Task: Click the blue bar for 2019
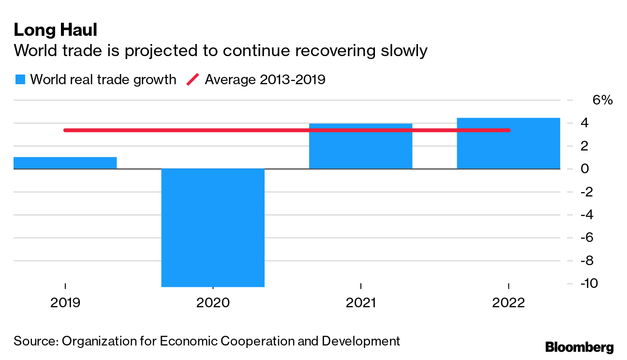(x=65, y=163)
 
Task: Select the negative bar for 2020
(x=213, y=227)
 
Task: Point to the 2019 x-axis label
(x=65, y=303)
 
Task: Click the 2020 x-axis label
(x=213, y=303)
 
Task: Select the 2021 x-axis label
(x=360, y=303)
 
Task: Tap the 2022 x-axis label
(x=508, y=303)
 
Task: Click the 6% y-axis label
(x=602, y=100)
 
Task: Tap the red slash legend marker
(x=193, y=80)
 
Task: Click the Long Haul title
(x=56, y=30)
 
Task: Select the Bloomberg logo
(x=579, y=347)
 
